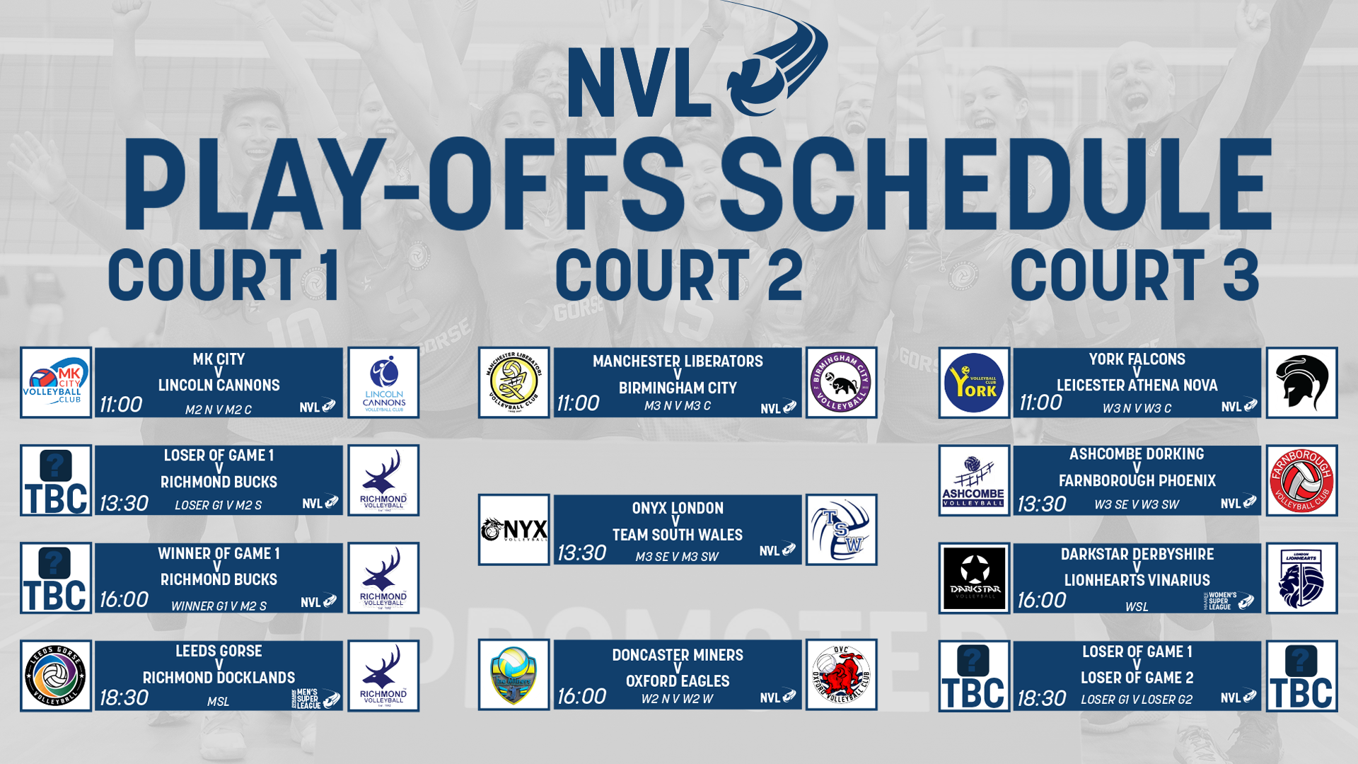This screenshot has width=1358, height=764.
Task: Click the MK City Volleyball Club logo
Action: [56, 383]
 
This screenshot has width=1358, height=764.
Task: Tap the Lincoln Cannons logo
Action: [383, 383]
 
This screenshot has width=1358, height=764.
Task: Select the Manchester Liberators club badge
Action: [513, 383]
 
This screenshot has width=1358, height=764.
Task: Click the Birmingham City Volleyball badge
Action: [841, 383]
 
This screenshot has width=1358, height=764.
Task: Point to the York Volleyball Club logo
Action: [974, 383]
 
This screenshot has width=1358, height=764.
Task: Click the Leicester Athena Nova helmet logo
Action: [1301, 383]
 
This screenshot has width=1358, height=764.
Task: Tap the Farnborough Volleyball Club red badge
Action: [1301, 480]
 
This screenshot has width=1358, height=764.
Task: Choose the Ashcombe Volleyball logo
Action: [974, 480]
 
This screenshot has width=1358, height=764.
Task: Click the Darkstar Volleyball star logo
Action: [974, 578]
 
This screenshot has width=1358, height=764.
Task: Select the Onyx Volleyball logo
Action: [513, 530]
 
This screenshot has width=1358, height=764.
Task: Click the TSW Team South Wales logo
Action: [841, 530]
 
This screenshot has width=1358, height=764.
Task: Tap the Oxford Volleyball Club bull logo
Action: [841, 675]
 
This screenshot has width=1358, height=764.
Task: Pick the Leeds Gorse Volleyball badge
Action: [56, 676]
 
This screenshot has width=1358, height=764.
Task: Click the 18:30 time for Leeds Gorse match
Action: [124, 698]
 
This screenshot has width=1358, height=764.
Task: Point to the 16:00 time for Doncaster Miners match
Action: [581, 697]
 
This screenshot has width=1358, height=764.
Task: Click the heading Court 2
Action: [678, 276]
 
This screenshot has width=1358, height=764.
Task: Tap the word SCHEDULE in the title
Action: [994, 185]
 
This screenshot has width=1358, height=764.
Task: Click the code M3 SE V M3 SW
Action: [677, 557]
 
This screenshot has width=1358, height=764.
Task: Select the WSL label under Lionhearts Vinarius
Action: [1137, 607]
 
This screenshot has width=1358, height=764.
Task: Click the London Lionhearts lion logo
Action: [1301, 578]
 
